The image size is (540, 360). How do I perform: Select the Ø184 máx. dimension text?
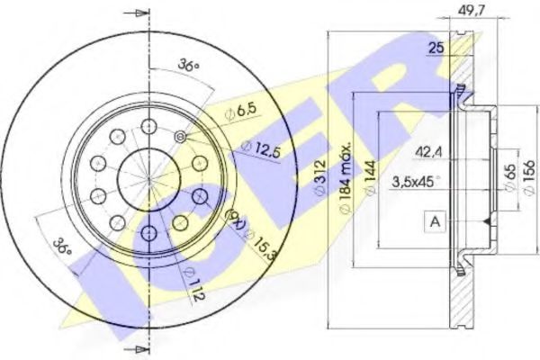coord(346,176)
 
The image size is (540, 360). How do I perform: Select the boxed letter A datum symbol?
coord(436,220)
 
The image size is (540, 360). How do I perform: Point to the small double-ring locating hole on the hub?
coord(182,136)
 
